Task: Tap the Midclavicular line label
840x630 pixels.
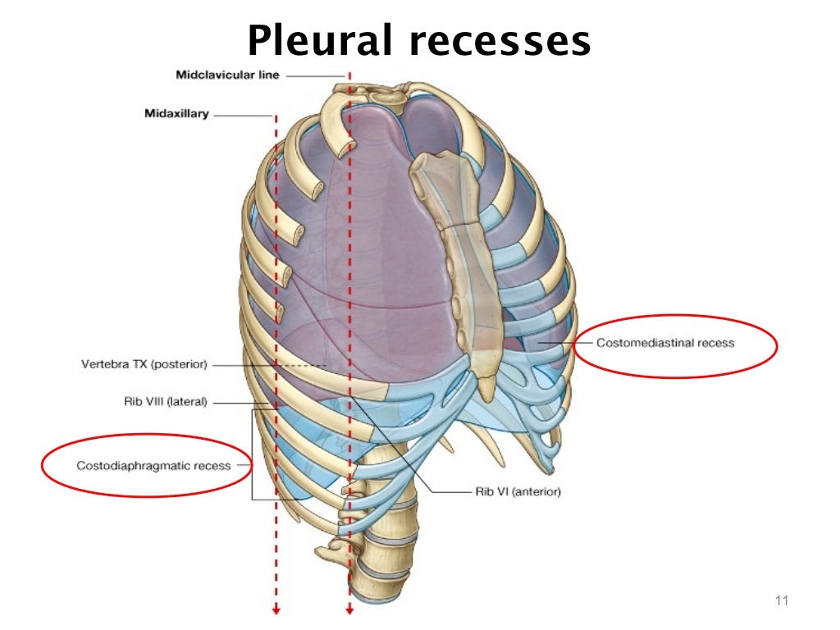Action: (227, 75)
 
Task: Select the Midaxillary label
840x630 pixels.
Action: (176, 114)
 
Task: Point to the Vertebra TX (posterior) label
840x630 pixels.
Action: (144, 363)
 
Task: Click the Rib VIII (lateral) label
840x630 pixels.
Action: (161, 402)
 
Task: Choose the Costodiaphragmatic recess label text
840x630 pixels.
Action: (153, 466)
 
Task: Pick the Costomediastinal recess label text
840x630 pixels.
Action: (665, 342)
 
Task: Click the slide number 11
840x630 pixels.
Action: (780, 601)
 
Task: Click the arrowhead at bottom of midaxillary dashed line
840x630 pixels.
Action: (276, 609)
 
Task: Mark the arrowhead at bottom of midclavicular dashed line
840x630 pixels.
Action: (349, 609)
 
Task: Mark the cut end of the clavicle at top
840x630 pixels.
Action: (342, 148)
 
